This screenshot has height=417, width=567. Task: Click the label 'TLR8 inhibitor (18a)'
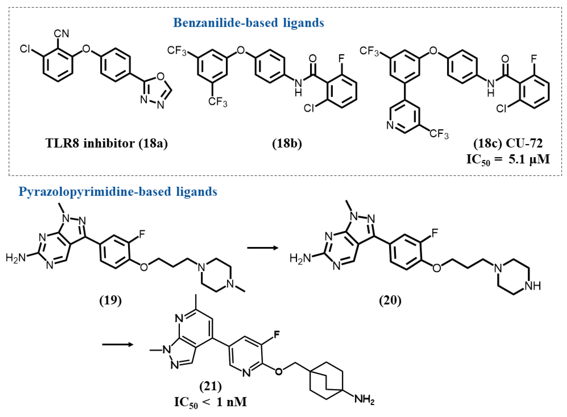click(107, 143)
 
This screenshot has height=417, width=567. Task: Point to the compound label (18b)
click(287, 143)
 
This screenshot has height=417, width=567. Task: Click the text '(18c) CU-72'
click(508, 143)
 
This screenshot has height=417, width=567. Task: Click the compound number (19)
click(110, 300)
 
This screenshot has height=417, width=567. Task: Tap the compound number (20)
click(390, 300)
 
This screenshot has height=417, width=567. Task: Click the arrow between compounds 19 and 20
click(262, 248)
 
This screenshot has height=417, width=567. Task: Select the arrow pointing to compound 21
click(118, 344)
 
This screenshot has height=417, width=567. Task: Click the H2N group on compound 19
click(16, 258)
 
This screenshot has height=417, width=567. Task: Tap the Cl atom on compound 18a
click(25, 49)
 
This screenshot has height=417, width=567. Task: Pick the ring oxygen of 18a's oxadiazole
click(160, 76)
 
